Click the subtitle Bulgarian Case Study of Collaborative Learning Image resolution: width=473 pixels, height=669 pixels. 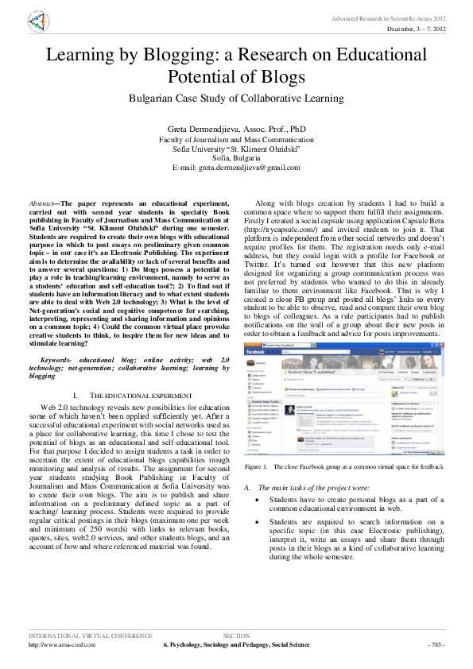(236, 99)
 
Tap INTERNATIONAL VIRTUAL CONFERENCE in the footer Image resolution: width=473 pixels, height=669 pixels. (90, 636)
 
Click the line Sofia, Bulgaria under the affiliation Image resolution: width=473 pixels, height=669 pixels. (236, 157)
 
